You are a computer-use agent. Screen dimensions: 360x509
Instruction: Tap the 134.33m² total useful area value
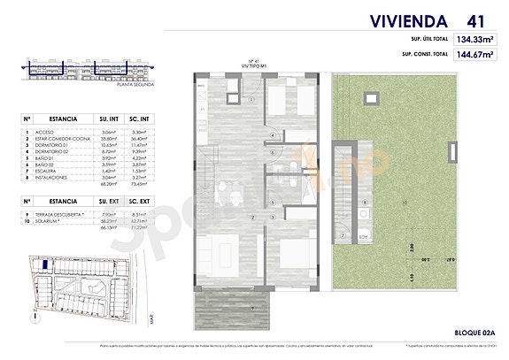[x=474, y=39]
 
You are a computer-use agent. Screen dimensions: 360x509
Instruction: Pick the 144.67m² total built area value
[x=474, y=53]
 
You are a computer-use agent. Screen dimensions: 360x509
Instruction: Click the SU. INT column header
[x=111, y=116]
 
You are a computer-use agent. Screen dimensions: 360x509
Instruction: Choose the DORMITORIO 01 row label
[x=56, y=145]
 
